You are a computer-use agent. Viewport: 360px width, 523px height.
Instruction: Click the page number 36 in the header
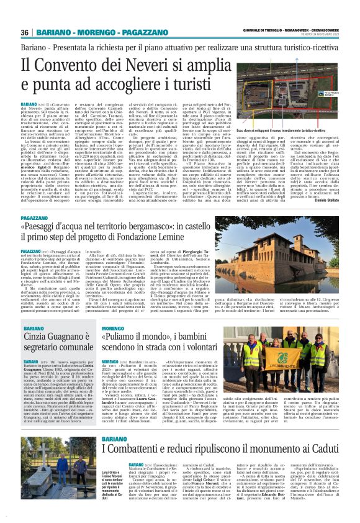25,32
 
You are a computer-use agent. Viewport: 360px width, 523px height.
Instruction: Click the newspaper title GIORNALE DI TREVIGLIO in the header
264,29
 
